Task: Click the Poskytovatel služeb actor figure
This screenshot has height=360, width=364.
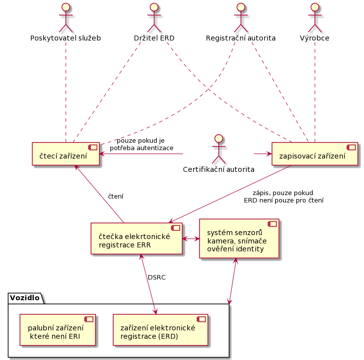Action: (x=66, y=17)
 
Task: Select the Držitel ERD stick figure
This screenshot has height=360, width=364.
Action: (x=154, y=17)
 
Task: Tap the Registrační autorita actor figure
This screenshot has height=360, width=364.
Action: (x=240, y=17)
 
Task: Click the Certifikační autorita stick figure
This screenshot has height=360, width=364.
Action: (x=218, y=148)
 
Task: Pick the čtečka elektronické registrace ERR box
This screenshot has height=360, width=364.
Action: (x=137, y=239)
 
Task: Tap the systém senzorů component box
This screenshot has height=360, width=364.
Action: (x=239, y=239)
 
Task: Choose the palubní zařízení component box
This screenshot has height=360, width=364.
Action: (x=57, y=329)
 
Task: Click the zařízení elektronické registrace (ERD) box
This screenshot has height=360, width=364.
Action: (x=160, y=329)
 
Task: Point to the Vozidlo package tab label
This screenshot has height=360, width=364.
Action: (x=25, y=297)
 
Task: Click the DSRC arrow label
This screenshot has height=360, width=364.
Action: (x=157, y=278)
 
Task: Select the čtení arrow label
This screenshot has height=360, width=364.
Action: (x=116, y=196)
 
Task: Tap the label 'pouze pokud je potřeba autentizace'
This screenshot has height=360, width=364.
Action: (x=142, y=144)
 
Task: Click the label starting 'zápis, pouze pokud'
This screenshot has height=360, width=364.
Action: (x=284, y=197)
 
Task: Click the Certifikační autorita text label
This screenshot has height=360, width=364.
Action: (x=218, y=169)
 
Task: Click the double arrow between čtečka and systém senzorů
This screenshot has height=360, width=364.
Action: (x=191, y=239)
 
